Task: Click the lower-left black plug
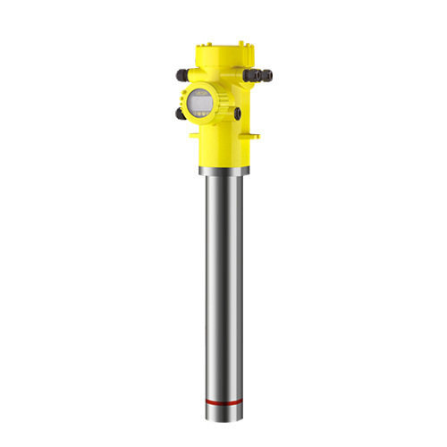[x=181, y=114]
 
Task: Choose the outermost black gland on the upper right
[x=267, y=76]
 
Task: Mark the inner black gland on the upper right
[x=254, y=76]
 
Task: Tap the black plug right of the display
[x=238, y=114]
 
